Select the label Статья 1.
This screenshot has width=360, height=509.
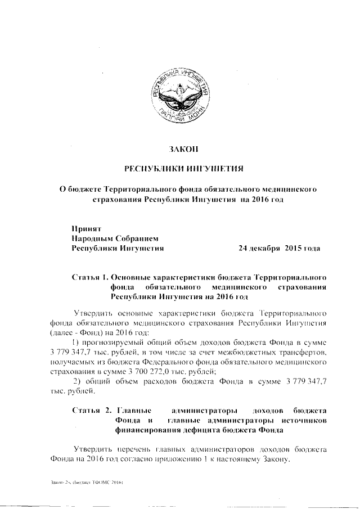(90, 277)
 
